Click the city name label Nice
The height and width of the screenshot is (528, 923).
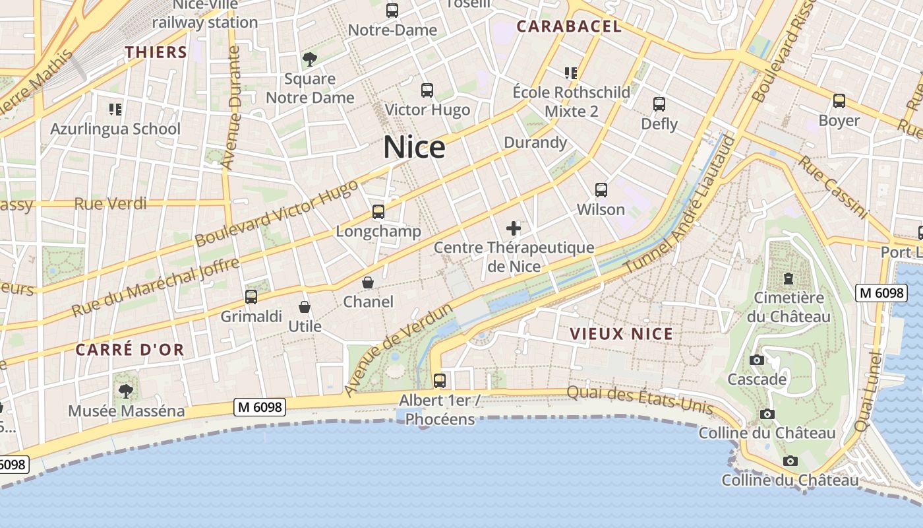click(x=414, y=147)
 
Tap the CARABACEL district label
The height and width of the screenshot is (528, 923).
click(x=568, y=26)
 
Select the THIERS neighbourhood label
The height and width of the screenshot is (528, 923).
click(x=156, y=52)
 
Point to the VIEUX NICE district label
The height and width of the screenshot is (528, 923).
click(x=622, y=334)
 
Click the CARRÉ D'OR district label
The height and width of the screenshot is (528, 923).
click(x=130, y=350)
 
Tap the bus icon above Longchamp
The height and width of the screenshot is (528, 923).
click(x=378, y=212)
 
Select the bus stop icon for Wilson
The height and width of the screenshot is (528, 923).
click(x=601, y=190)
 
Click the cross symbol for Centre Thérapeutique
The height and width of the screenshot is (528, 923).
click(x=514, y=229)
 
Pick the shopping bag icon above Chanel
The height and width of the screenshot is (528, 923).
click(x=368, y=282)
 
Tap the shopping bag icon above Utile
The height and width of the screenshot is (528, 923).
click(x=305, y=307)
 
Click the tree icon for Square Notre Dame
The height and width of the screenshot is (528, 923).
click(x=310, y=59)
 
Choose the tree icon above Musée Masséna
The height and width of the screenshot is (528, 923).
click(x=126, y=391)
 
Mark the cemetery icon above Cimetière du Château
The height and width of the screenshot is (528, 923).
click(x=789, y=278)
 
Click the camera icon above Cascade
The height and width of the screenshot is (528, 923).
click(x=757, y=360)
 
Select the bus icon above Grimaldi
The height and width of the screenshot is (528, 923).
click(x=251, y=297)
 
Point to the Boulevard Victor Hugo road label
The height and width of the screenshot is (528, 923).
click(x=277, y=213)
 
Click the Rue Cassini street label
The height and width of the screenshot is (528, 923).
click(x=833, y=187)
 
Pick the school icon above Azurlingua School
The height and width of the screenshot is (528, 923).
click(x=115, y=109)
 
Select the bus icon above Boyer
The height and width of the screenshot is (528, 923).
click(x=839, y=101)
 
